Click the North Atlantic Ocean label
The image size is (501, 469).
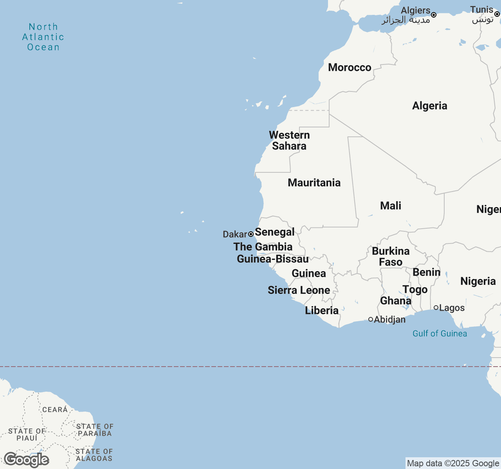pyautogui.click(x=43, y=37)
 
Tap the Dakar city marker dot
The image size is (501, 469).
pyautogui.click(x=251, y=234)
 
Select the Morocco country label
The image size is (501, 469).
pyautogui.click(x=350, y=68)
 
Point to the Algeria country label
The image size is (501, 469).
pyautogui.click(x=429, y=106)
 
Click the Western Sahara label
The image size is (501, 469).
pyautogui.click(x=289, y=141)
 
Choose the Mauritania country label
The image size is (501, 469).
pyautogui.click(x=314, y=183)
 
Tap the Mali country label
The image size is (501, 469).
pyautogui.click(x=391, y=206)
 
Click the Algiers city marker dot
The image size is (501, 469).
pyautogui.click(x=434, y=15)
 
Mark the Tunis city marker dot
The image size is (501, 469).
pyautogui.click(x=497, y=14)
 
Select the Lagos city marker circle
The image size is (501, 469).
pyautogui.click(x=436, y=308)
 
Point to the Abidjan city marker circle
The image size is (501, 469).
pyautogui.click(x=371, y=319)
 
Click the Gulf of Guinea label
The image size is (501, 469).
pyautogui.click(x=440, y=334)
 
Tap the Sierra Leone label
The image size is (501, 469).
pyautogui.click(x=299, y=290)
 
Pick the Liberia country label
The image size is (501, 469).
pyautogui.click(x=322, y=311)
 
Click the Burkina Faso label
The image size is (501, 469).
pyautogui.click(x=391, y=257)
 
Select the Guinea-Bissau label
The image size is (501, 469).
pyautogui.click(x=273, y=259)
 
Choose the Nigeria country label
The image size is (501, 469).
pyautogui.click(x=478, y=281)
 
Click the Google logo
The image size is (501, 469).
pyautogui.click(x=27, y=460)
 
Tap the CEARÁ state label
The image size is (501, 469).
pyautogui.click(x=55, y=410)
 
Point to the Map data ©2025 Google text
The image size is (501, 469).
pyautogui.click(x=453, y=464)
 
